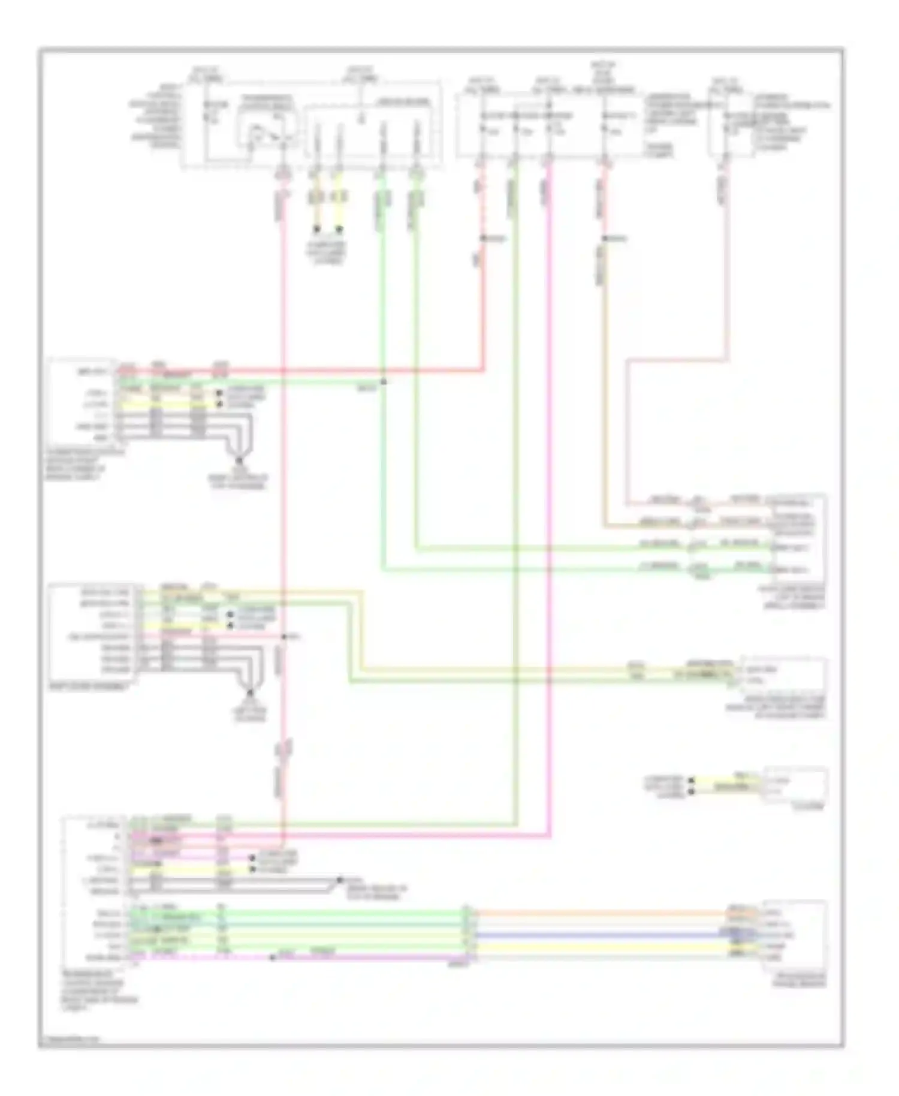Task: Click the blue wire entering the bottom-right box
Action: pyautogui.click(x=599, y=935)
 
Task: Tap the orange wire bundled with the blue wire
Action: pyautogui.click(x=599, y=914)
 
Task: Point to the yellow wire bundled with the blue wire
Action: pyautogui.click(x=599, y=947)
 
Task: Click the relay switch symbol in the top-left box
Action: pyautogui.click(x=264, y=133)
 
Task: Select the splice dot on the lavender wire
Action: pyautogui.click(x=273, y=958)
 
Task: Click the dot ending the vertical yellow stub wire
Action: pyautogui.click(x=340, y=229)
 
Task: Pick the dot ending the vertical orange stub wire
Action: pyautogui.click(x=317, y=229)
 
